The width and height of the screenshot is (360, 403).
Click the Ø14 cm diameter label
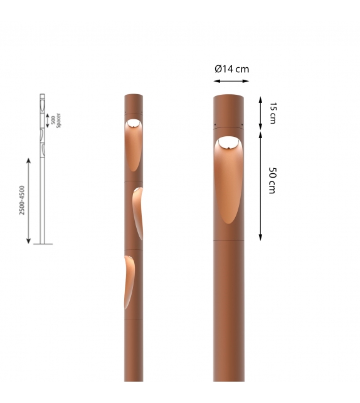[x=231, y=69]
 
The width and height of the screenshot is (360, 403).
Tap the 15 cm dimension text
[x=272, y=112]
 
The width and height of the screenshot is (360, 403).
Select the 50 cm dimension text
[x=272, y=180]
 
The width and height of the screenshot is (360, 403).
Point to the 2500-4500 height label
[x=23, y=200]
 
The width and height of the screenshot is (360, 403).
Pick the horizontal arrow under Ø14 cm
[x=231, y=80]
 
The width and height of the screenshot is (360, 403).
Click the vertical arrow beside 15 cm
[x=260, y=112]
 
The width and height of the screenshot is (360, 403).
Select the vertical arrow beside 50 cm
[x=260, y=185]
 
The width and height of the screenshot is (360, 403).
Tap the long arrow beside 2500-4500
[x=29, y=201]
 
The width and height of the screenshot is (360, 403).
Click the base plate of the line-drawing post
[x=43, y=244]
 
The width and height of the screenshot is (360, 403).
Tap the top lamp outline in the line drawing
[x=43, y=107]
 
